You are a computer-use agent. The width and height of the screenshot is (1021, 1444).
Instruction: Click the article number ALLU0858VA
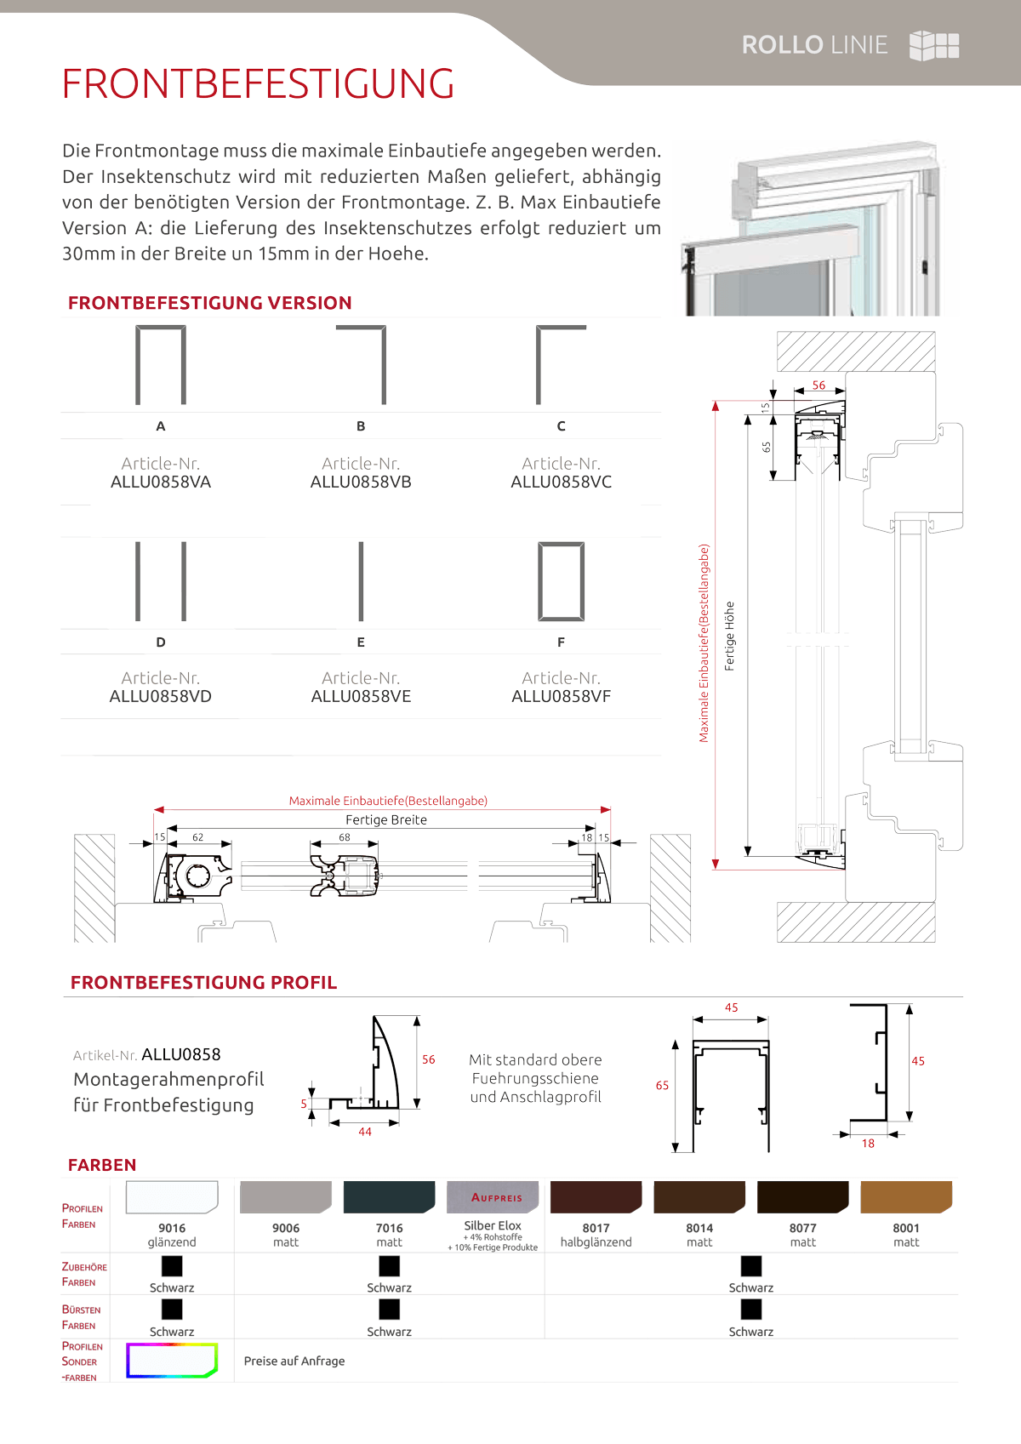[161, 482]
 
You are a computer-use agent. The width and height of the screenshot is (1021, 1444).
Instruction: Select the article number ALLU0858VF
[561, 696]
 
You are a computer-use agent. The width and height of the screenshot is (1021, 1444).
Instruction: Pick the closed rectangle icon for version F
[562, 581]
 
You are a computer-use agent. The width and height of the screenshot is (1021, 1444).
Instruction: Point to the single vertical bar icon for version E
[361, 581]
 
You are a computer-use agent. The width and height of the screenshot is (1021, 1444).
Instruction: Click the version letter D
[161, 642]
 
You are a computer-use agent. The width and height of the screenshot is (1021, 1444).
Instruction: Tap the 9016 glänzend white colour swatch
[172, 1197]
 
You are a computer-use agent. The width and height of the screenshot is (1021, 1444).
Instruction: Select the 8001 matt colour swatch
[905, 1197]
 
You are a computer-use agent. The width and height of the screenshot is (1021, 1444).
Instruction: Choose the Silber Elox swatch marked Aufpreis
[493, 1197]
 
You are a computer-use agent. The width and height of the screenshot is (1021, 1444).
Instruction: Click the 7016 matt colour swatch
[389, 1197]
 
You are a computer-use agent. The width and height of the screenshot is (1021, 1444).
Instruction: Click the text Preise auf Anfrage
[294, 1361]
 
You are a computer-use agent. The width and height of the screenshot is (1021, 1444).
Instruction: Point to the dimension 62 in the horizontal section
[198, 837]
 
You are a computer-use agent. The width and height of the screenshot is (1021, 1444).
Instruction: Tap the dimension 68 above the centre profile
[345, 837]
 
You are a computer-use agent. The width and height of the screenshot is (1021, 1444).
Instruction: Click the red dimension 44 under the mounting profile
[365, 1132]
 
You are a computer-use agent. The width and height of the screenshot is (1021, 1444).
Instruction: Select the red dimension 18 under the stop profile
[868, 1144]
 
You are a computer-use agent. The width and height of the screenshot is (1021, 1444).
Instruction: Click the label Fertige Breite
[386, 820]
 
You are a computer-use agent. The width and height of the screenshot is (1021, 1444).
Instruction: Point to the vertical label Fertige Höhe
[730, 636]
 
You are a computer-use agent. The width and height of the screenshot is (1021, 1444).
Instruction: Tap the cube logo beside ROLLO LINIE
[934, 46]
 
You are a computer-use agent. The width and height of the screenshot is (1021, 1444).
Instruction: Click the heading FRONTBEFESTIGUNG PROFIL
[203, 983]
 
